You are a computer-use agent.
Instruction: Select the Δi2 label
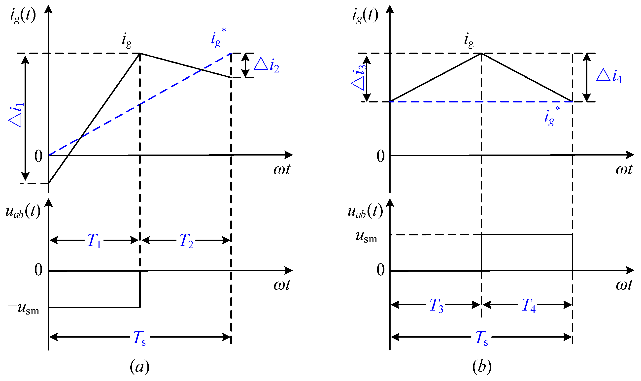click(266, 65)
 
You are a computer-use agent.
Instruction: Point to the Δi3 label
click(359, 77)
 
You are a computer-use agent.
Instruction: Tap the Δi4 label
click(609, 76)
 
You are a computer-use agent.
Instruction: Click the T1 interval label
click(94, 241)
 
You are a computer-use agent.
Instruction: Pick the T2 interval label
click(186, 241)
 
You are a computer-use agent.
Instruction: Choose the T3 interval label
click(436, 305)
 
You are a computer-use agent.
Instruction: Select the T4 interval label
click(529, 305)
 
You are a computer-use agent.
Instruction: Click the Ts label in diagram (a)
click(139, 338)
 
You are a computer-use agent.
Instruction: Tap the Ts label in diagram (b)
click(481, 338)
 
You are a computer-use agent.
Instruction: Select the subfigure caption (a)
click(139, 367)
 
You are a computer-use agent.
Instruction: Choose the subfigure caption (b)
click(482, 367)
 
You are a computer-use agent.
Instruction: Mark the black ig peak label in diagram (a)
click(127, 41)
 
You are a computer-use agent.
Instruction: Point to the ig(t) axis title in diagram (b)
click(365, 15)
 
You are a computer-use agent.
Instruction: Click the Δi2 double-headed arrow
click(246, 65)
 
